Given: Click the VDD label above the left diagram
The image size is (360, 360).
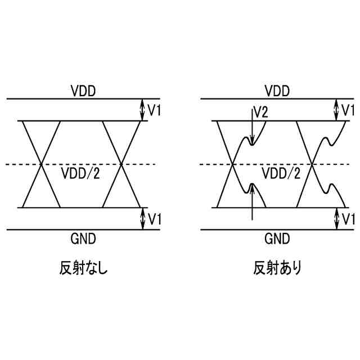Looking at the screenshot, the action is pyautogui.click(x=83, y=91).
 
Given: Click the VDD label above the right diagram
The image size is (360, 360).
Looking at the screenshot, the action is pyautogui.click(x=277, y=91).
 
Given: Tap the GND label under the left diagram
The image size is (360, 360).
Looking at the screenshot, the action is pyautogui.click(x=83, y=238).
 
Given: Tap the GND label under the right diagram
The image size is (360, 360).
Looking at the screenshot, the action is pyautogui.click(x=277, y=238).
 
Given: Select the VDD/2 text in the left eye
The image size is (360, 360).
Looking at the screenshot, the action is pyautogui.click(x=81, y=173).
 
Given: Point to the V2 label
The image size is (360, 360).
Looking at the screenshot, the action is pyautogui.click(x=260, y=112).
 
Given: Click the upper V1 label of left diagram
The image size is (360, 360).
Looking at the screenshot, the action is pyautogui.click(x=154, y=110).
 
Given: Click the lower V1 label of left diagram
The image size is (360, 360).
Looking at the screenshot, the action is pyautogui.click(x=154, y=218).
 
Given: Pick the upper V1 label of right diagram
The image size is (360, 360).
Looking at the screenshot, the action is pyautogui.click(x=349, y=110).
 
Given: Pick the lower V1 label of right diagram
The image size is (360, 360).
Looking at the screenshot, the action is pyautogui.click(x=349, y=218).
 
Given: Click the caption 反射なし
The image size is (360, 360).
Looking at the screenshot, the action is pyautogui.click(x=83, y=268).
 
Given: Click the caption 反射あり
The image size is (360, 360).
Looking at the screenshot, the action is pyautogui.click(x=277, y=268).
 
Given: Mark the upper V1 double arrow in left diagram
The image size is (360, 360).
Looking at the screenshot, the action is pyautogui.click(x=142, y=110).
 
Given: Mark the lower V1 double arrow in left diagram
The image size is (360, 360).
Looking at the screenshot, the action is pyautogui.click(x=142, y=219).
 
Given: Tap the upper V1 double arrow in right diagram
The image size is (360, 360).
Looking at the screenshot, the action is pyautogui.click(x=336, y=110).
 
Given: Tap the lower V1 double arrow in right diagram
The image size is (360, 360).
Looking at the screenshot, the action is pyautogui.click(x=336, y=219).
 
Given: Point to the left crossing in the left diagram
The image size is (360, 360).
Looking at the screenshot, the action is pyautogui.click(x=41, y=164).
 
